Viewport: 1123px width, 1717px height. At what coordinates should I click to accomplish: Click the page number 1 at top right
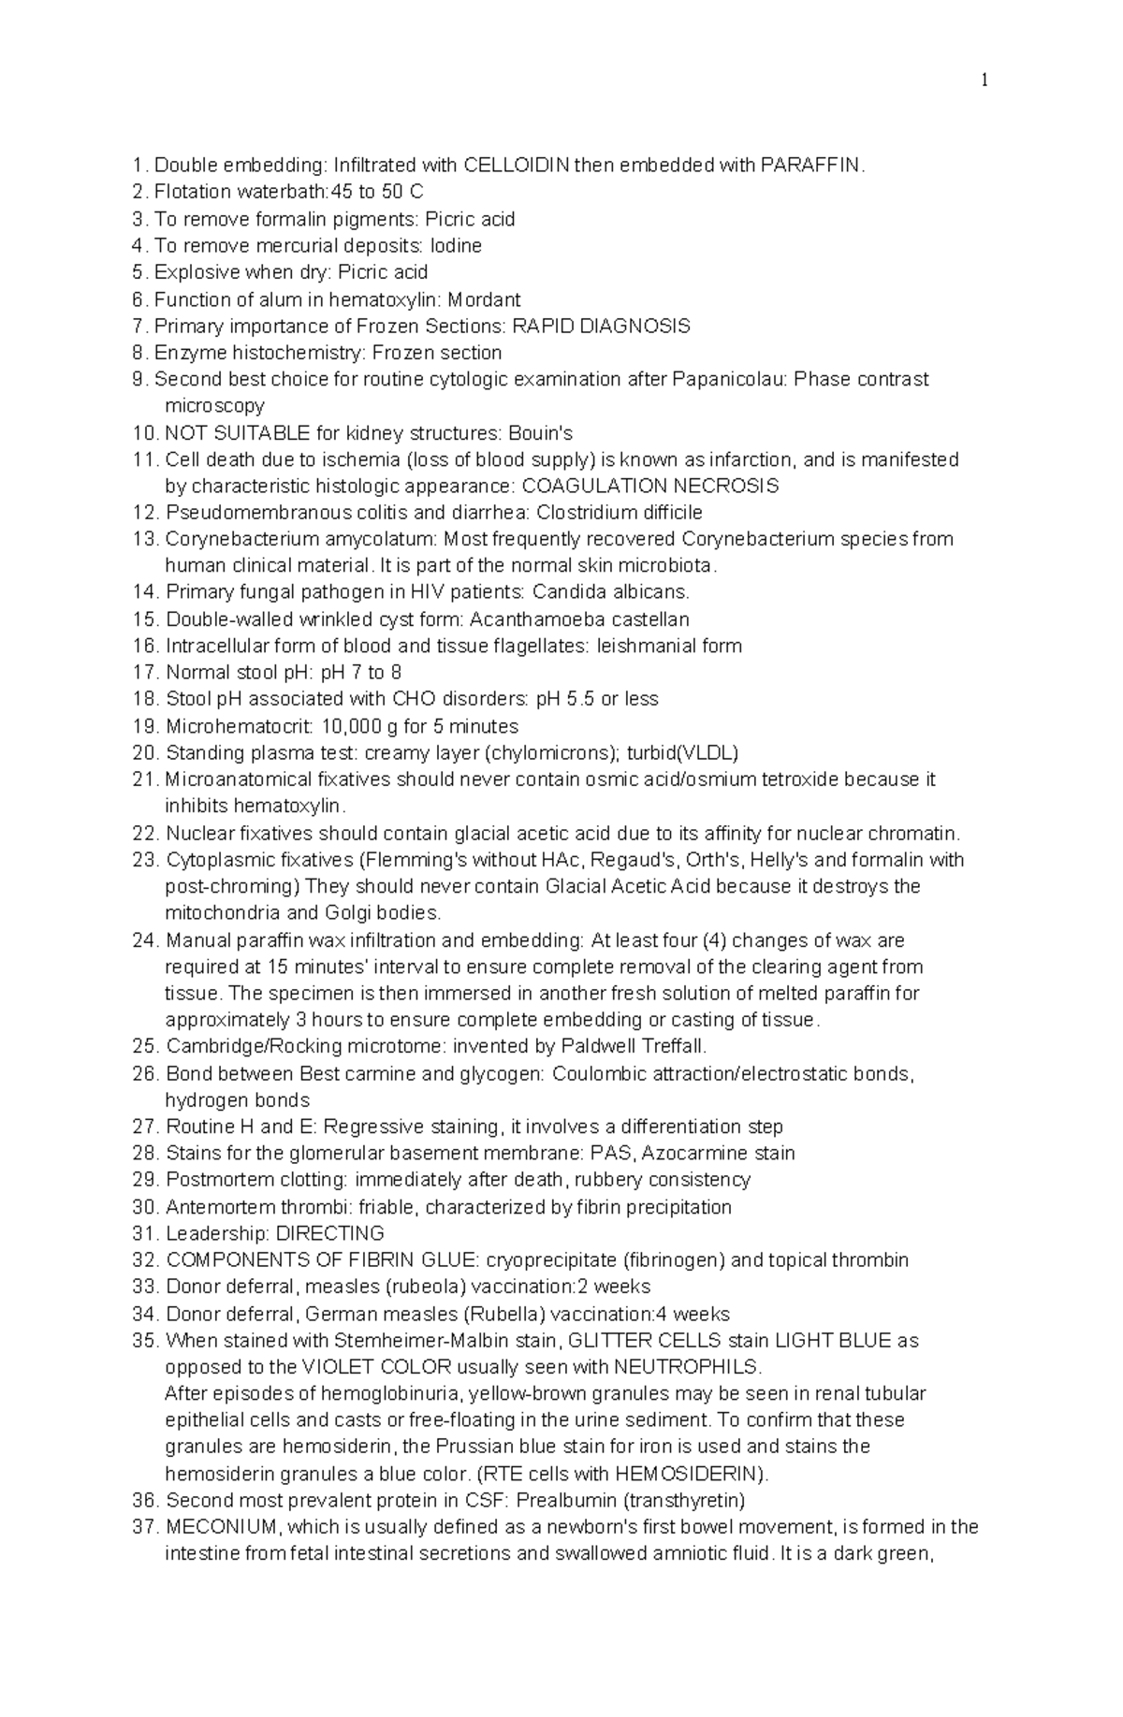point(984,81)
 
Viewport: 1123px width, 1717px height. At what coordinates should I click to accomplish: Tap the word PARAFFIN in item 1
point(810,166)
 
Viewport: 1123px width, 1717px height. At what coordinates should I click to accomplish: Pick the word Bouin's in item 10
point(540,433)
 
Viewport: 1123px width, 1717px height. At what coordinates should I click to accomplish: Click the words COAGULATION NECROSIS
point(649,487)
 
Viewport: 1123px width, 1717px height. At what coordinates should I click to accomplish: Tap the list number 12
point(146,513)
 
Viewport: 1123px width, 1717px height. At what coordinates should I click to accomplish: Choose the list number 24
point(146,940)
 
